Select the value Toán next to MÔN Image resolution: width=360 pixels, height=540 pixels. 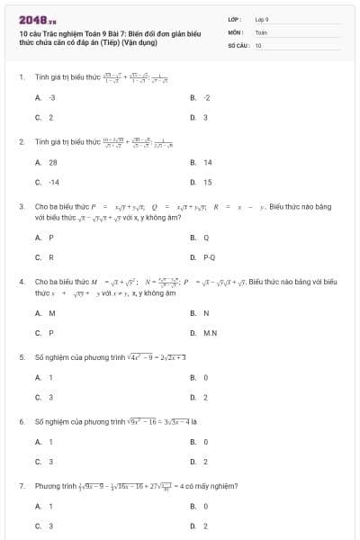[261, 31]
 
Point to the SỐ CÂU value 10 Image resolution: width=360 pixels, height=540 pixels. [258, 44]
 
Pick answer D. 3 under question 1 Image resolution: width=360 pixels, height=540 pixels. [200, 117]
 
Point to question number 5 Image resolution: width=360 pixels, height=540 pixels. [21, 356]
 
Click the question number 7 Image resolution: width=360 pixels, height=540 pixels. [21, 485]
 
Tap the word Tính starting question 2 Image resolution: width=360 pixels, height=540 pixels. [42, 141]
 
